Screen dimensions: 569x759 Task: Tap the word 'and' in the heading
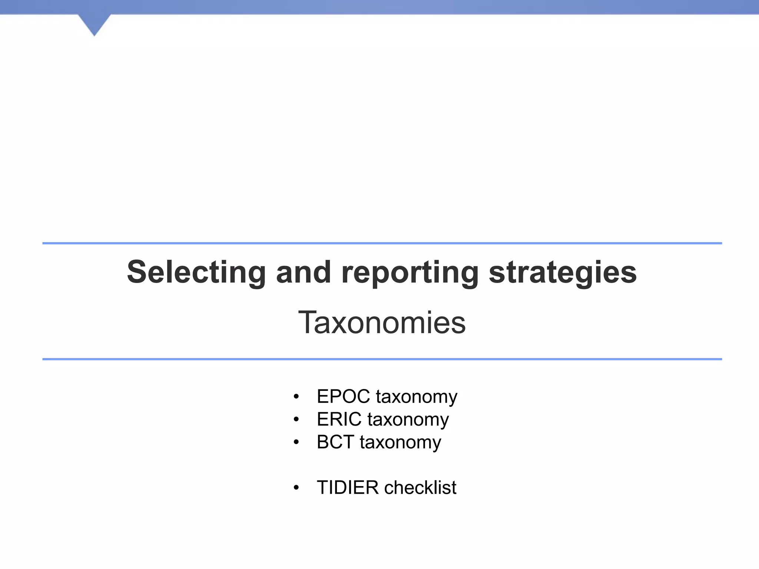(x=303, y=272)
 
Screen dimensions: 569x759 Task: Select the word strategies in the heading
(x=563, y=273)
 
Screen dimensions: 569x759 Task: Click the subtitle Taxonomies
(x=382, y=323)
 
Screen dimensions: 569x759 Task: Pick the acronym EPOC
(x=343, y=396)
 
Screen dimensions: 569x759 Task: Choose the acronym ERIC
(x=339, y=419)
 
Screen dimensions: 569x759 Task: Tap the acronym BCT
(x=335, y=442)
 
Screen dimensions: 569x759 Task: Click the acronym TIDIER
(x=348, y=488)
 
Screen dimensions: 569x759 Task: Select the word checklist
(x=420, y=488)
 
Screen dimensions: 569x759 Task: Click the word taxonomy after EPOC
(x=417, y=397)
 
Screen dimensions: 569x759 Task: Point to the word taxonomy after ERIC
(x=408, y=420)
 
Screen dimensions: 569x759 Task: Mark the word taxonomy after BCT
(x=400, y=443)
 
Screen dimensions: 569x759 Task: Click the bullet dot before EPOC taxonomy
(x=296, y=397)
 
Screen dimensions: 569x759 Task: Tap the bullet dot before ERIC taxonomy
(x=296, y=420)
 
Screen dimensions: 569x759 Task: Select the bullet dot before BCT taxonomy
(x=296, y=442)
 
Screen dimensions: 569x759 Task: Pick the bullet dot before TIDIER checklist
(x=296, y=488)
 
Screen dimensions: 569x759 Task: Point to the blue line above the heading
(x=382, y=243)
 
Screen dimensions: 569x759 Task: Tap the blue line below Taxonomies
(x=382, y=359)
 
